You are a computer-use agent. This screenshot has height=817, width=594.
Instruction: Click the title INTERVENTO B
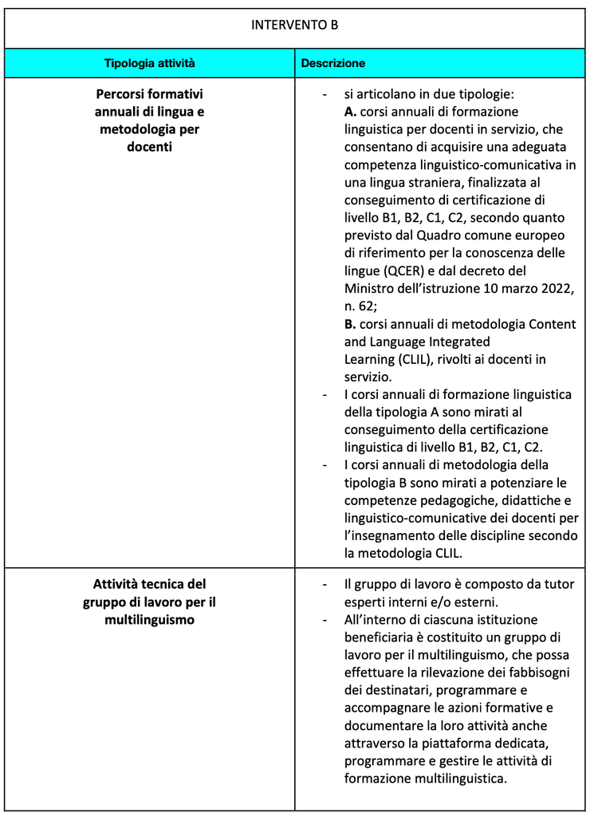pos(294,26)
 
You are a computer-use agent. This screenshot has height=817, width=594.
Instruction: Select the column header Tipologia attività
pos(150,62)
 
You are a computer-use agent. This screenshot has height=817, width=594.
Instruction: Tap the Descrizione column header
pos(332,62)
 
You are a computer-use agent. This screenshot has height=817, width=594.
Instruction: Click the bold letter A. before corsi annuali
pos(351,112)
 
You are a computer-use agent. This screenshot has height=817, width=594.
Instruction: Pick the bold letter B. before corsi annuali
pos(351,324)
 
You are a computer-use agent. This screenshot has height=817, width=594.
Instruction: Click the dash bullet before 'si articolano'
pos(324,94)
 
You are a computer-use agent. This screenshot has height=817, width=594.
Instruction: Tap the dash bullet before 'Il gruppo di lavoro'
pos(324,584)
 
